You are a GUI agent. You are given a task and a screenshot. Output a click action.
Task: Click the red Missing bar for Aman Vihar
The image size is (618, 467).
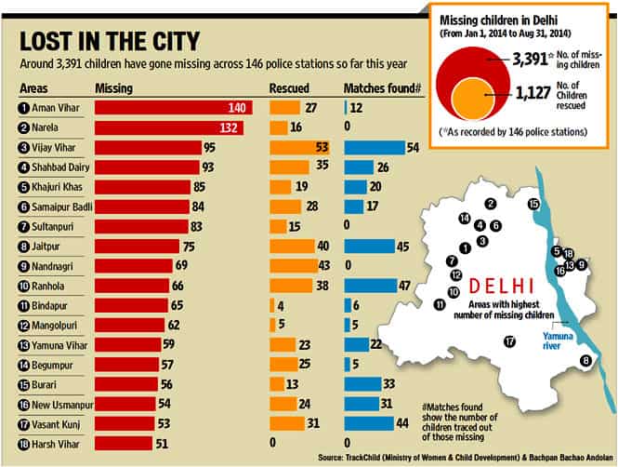coord(174,108)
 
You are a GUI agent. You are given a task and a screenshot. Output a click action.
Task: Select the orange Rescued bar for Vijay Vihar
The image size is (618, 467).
coord(299,148)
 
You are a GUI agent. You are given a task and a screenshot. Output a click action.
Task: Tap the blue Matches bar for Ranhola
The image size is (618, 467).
coord(371,286)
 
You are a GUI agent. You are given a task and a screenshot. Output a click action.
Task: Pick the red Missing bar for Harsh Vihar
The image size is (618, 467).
coord(124,444)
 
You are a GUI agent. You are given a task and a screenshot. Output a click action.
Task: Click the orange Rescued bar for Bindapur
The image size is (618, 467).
coord(272,305)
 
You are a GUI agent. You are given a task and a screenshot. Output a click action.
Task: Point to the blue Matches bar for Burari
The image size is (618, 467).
coord(362,384)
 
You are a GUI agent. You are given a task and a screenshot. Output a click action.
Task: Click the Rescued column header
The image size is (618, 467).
coord(289,88)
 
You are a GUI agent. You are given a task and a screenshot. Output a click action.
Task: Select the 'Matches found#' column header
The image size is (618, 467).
coord(382,88)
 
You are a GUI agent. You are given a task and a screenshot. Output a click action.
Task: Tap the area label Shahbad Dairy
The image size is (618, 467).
coord(60,167)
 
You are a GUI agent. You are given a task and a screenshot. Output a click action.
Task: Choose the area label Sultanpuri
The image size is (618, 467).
coord(52,227)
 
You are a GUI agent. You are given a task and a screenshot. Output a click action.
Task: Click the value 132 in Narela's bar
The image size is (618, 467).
coord(229,127)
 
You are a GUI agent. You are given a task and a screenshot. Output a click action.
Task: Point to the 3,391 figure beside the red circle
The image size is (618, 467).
coord(530,60)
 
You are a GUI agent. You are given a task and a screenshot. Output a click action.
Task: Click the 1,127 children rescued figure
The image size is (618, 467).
coord(533,93)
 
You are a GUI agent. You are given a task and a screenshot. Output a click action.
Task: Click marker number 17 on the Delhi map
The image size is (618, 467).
coord(509,341)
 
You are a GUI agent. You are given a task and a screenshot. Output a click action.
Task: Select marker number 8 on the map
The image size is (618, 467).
coord(585,360)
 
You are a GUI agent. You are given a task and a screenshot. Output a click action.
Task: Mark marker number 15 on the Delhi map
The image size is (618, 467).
coord(533,204)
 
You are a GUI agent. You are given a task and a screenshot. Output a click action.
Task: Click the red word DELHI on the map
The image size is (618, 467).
coord(501,286)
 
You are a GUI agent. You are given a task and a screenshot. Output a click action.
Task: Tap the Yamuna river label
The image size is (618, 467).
coord(557,340)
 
